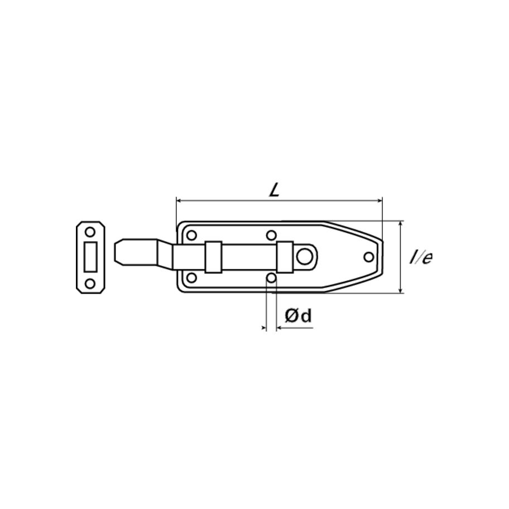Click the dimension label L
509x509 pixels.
pos(274,190)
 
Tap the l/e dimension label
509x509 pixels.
pos(421,257)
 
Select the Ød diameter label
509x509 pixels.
pos(299,315)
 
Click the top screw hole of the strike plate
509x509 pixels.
pos(90,232)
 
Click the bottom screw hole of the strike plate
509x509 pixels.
pos(90,284)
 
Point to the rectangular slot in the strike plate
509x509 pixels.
pos(90,257)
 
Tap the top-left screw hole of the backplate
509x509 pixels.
pos(192,236)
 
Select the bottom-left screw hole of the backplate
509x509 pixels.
pos(192,278)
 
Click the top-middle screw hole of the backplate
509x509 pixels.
pos(271,235)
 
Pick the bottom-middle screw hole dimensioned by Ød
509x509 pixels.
pos(271,278)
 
